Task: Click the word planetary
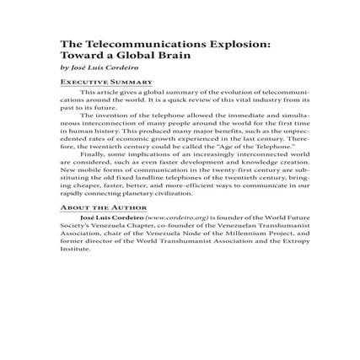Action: [128, 192]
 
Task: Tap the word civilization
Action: [168, 192]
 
